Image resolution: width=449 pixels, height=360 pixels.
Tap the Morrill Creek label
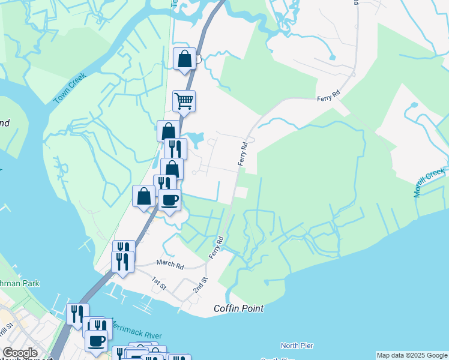coord(429,182)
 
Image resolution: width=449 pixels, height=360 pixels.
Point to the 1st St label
coord(158,283)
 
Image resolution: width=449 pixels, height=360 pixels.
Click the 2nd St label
coord(200,284)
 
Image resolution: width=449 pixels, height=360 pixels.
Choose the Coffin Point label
coord(238,308)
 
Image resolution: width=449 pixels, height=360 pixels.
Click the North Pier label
coord(298,346)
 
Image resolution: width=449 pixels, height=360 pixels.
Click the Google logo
coord(20,353)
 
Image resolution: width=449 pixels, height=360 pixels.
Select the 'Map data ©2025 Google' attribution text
coord(412,355)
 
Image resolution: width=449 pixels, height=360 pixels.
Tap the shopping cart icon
coord(184,101)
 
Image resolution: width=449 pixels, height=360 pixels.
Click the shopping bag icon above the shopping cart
coord(185,59)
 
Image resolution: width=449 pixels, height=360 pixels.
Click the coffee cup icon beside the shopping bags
coord(170,200)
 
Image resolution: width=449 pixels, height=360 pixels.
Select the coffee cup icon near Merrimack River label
coord(97,341)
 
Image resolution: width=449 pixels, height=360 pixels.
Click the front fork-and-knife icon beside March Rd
coord(122,262)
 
